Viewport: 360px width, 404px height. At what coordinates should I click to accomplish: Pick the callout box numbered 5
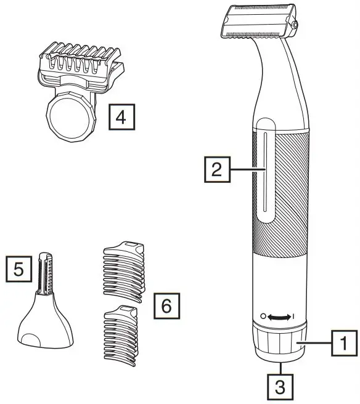[18, 269]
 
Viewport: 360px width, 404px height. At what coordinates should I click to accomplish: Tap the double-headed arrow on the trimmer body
[279, 317]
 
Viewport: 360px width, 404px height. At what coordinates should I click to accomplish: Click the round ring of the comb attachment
[70, 115]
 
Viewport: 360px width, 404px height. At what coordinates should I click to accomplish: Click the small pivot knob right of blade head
[297, 25]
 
